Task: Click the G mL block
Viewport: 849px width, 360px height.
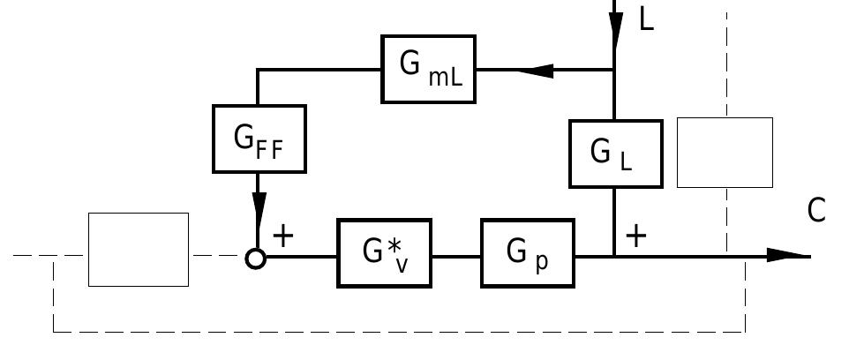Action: (429, 69)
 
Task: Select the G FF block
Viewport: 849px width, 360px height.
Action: (259, 139)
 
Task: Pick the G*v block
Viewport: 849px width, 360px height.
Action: (385, 253)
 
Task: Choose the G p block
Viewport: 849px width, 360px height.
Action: (527, 253)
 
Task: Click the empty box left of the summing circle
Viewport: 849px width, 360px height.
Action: (139, 250)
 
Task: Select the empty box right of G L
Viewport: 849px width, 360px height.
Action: (725, 153)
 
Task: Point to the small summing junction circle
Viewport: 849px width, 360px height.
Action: (255, 259)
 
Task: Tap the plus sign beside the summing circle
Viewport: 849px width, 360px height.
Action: (282, 236)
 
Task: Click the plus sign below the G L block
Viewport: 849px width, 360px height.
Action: (635, 236)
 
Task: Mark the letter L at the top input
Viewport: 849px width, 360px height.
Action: (647, 19)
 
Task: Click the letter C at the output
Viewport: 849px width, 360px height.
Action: (816, 211)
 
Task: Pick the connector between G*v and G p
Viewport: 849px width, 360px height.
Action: (456, 257)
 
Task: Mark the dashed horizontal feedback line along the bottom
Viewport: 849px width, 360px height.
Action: (397, 332)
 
